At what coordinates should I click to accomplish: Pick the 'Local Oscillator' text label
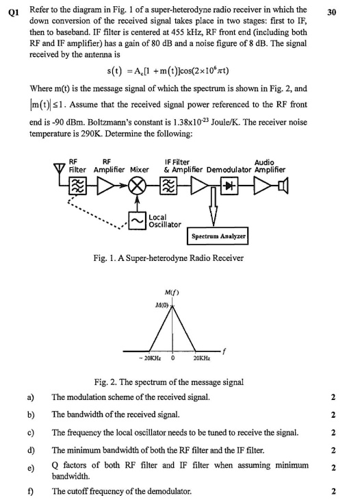click(x=165, y=221)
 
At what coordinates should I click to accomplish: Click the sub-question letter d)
click(x=31, y=449)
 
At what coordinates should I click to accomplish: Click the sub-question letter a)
click(x=31, y=397)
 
